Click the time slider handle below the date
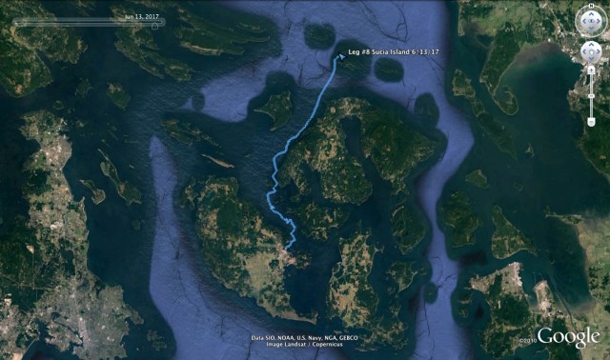point(159,23)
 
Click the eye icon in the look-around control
point(590,18)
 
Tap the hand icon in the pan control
point(590,52)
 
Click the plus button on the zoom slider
point(591,75)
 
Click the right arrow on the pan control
point(600,52)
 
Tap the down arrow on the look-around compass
point(590,29)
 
